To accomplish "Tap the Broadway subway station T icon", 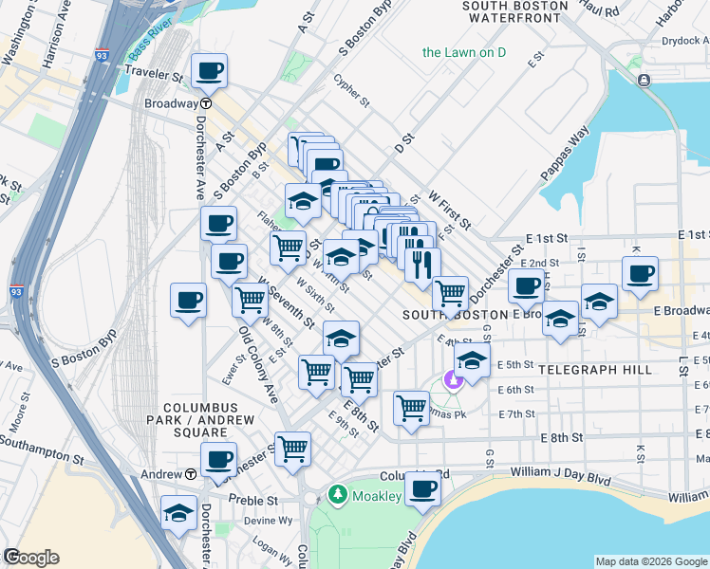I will pyautogui.click(x=205, y=103).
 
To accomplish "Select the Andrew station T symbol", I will pyautogui.click(x=191, y=473).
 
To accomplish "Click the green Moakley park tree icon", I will pyautogui.click(x=336, y=495).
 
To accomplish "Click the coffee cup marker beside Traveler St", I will pyautogui.click(x=209, y=70).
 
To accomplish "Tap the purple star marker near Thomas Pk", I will pyautogui.click(x=454, y=381).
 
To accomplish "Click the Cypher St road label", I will pyautogui.click(x=352, y=87).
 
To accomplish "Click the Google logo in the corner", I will pyautogui.click(x=31, y=558).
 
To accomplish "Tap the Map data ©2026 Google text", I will pyautogui.click(x=650, y=561).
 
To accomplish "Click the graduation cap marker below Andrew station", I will pyautogui.click(x=178, y=512).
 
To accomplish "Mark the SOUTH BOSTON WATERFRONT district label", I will pyautogui.click(x=514, y=10).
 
